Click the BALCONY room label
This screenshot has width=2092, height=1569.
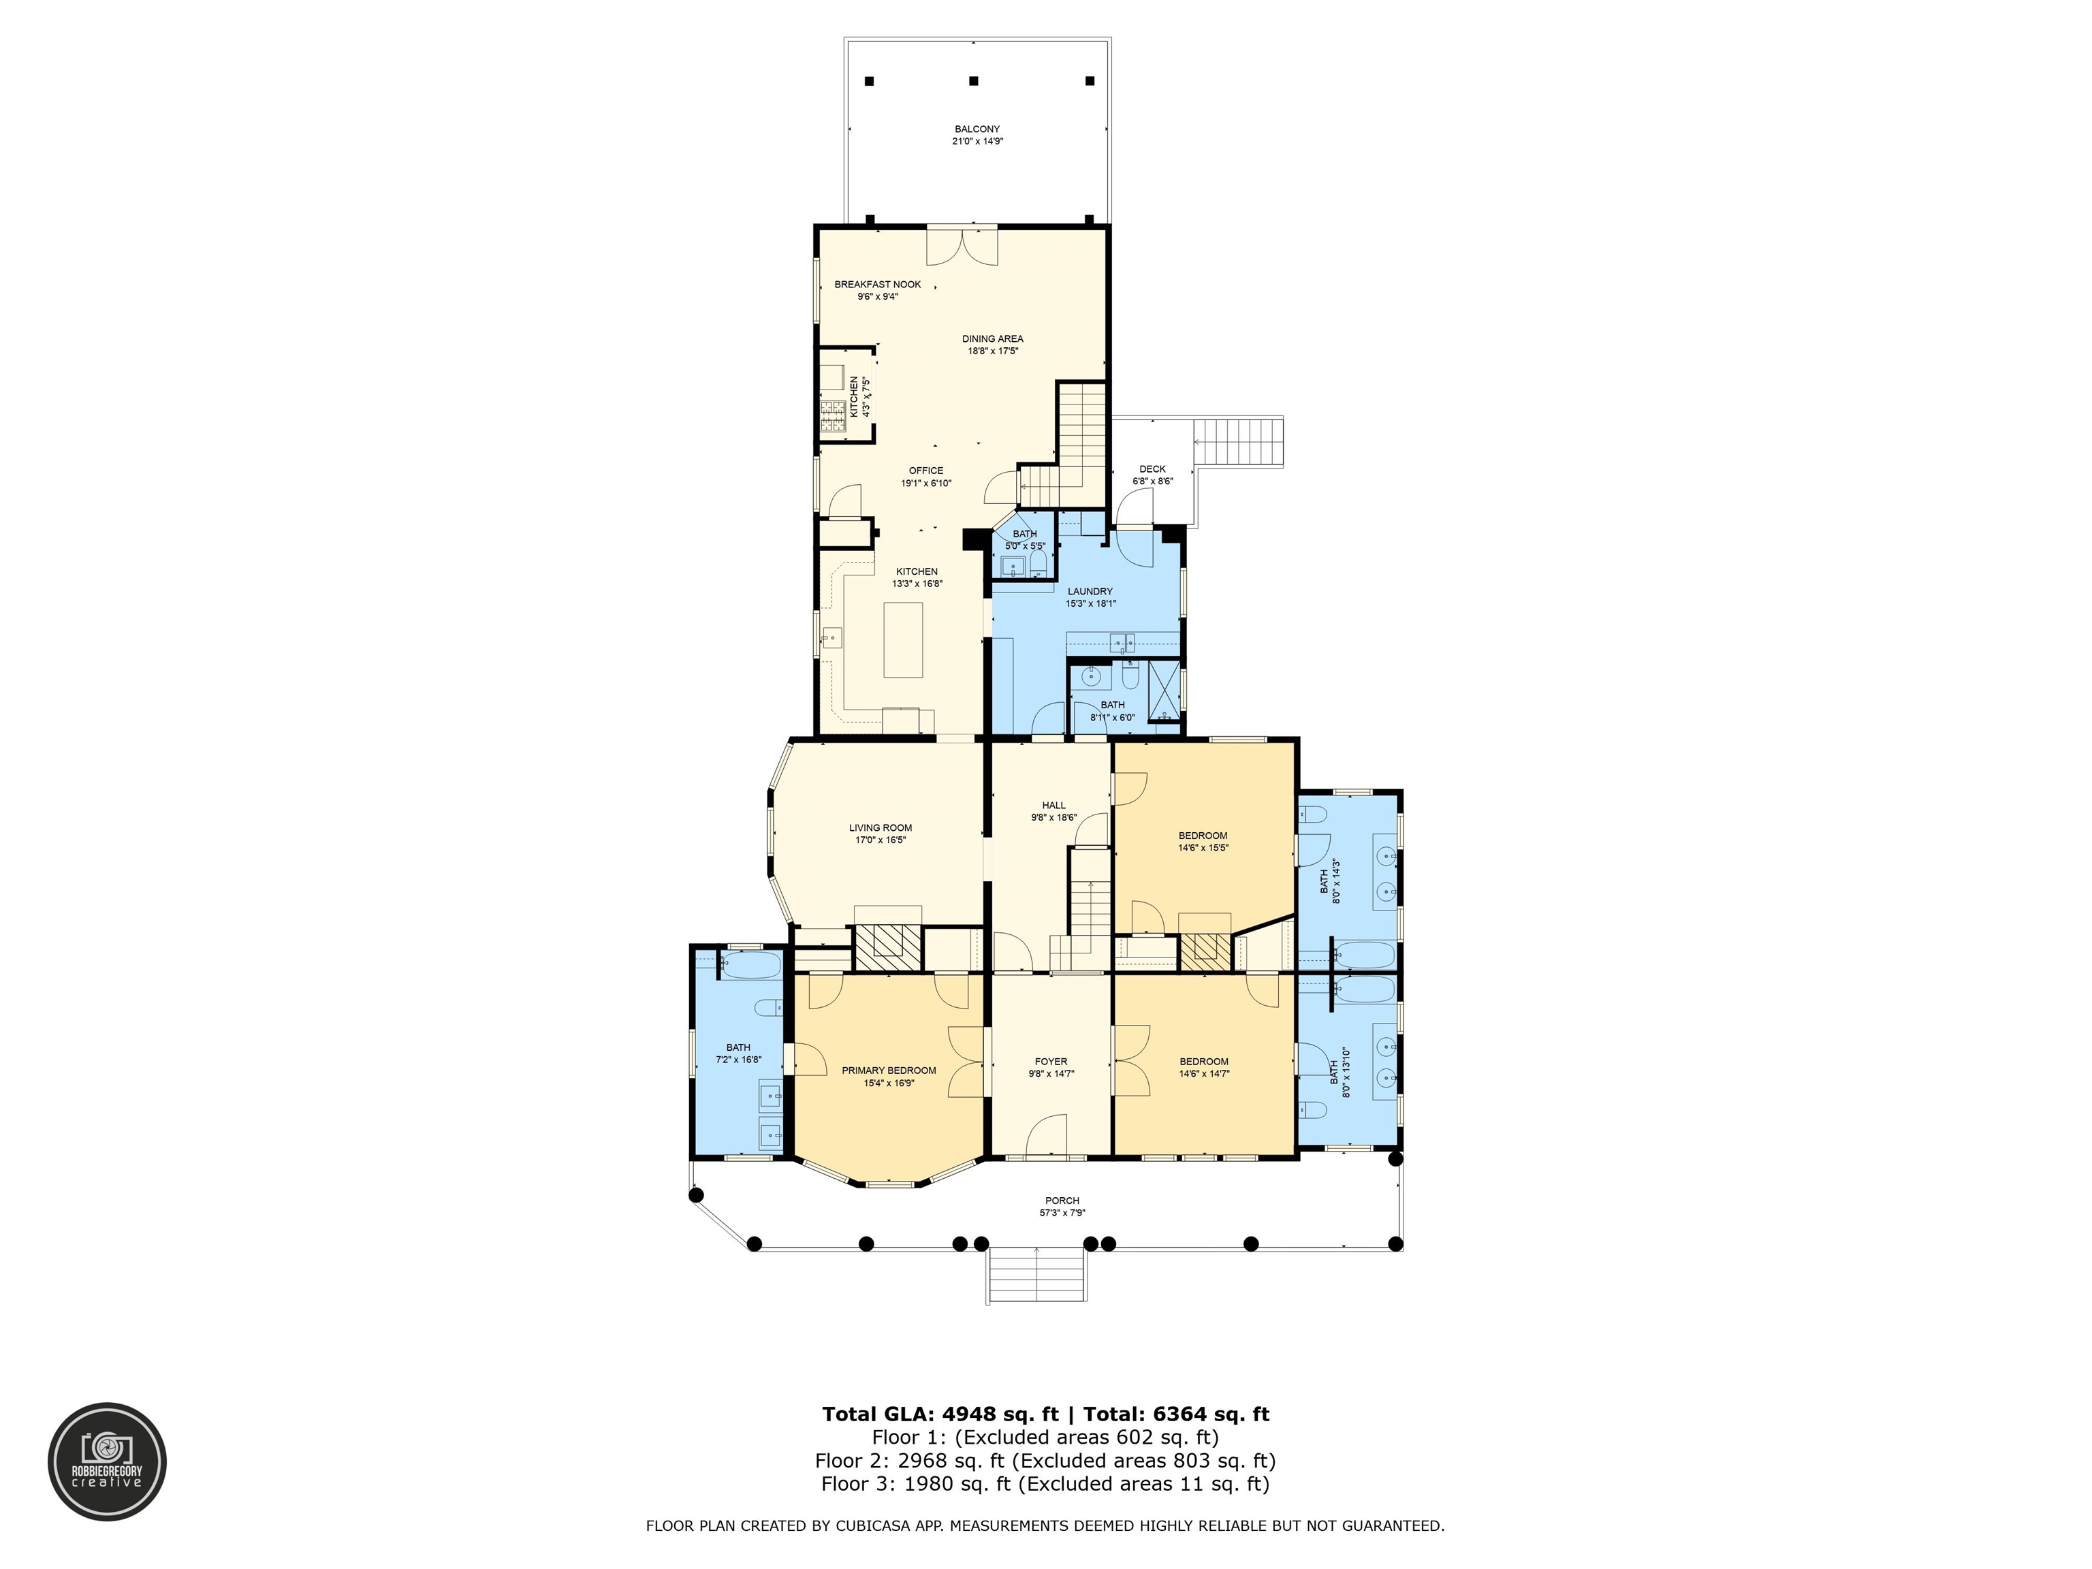[x=977, y=129]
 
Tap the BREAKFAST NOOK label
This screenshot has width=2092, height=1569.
[x=878, y=284]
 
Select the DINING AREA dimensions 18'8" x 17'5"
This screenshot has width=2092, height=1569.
[x=992, y=351]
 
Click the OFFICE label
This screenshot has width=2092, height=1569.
[x=926, y=470]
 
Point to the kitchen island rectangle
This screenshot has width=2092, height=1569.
[x=903, y=639]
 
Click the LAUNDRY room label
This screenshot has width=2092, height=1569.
[x=1090, y=591]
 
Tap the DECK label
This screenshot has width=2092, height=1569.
[x=1153, y=468]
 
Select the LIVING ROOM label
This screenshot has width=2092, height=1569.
[x=881, y=827]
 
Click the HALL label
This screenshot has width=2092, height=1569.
[x=1053, y=805]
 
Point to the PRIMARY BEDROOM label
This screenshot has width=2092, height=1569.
[x=889, y=1071]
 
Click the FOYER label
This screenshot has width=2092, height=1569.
[x=1051, y=1061]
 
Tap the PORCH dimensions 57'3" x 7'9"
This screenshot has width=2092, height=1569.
[x=1062, y=1212]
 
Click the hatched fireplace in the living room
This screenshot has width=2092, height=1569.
[x=888, y=947]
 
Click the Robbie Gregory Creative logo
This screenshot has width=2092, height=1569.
[x=107, y=1461]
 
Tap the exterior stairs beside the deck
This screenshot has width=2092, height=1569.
[x=1239, y=443]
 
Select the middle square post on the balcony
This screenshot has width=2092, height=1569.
[x=974, y=81]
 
